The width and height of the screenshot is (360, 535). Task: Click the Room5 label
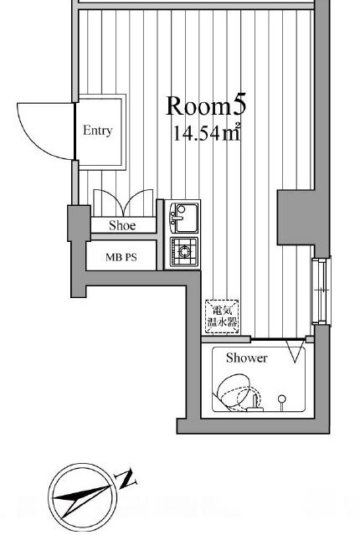(x=206, y=105)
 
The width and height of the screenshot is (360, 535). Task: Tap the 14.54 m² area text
(x=207, y=132)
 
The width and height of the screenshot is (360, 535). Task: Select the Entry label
(x=98, y=131)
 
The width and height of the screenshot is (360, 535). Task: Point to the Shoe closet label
(x=122, y=225)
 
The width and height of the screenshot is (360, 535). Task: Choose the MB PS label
(x=121, y=257)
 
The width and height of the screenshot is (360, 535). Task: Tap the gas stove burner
(x=184, y=252)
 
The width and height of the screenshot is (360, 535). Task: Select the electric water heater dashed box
(x=222, y=317)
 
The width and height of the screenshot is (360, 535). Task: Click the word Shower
(x=246, y=358)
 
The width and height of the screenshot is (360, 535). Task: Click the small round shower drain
(x=281, y=399)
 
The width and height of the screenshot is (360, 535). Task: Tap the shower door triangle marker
(x=296, y=351)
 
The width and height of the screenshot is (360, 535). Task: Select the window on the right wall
(x=321, y=291)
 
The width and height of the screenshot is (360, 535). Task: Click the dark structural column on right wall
(x=296, y=218)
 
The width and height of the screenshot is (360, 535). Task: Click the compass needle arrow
(x=82, y=499)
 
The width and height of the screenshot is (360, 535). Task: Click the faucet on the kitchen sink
(x=177, y=218)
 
